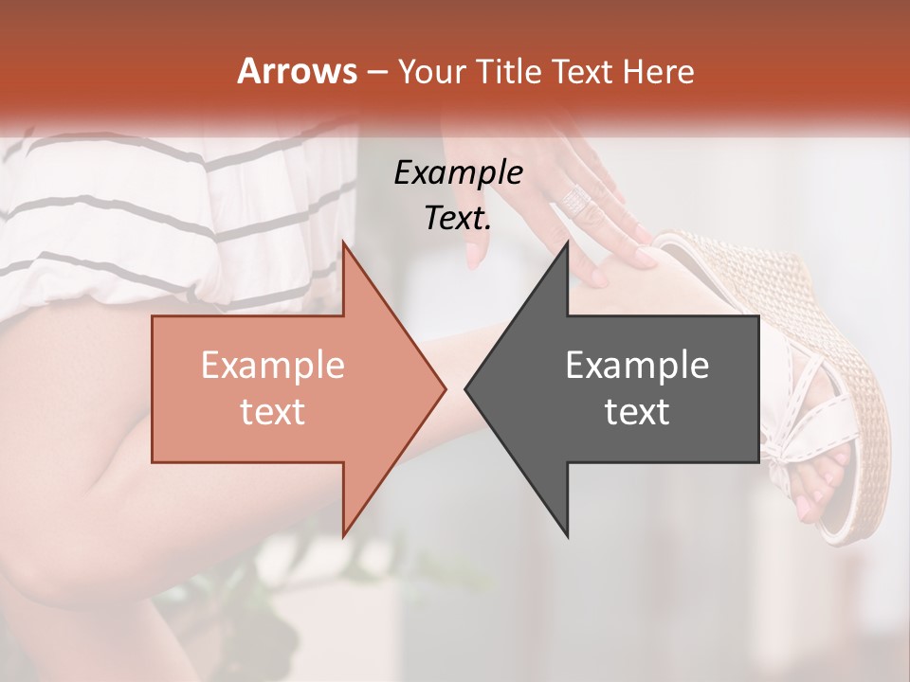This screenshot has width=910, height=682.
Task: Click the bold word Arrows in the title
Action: tap(297, 72)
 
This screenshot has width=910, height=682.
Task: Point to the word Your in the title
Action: tap(432, 72)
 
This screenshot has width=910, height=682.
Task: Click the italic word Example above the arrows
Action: tap(458, 172)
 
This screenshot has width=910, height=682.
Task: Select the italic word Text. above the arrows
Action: tap(458, 218)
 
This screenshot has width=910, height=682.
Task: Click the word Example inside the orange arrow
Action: tap(272, 366)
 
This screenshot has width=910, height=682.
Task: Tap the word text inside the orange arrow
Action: tap(272, 412)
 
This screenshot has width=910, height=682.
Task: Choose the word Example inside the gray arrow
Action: tap(637, 366)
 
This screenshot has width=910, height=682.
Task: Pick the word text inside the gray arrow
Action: tap(637, 412)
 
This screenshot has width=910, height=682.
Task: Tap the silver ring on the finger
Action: tap(577, 200)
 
